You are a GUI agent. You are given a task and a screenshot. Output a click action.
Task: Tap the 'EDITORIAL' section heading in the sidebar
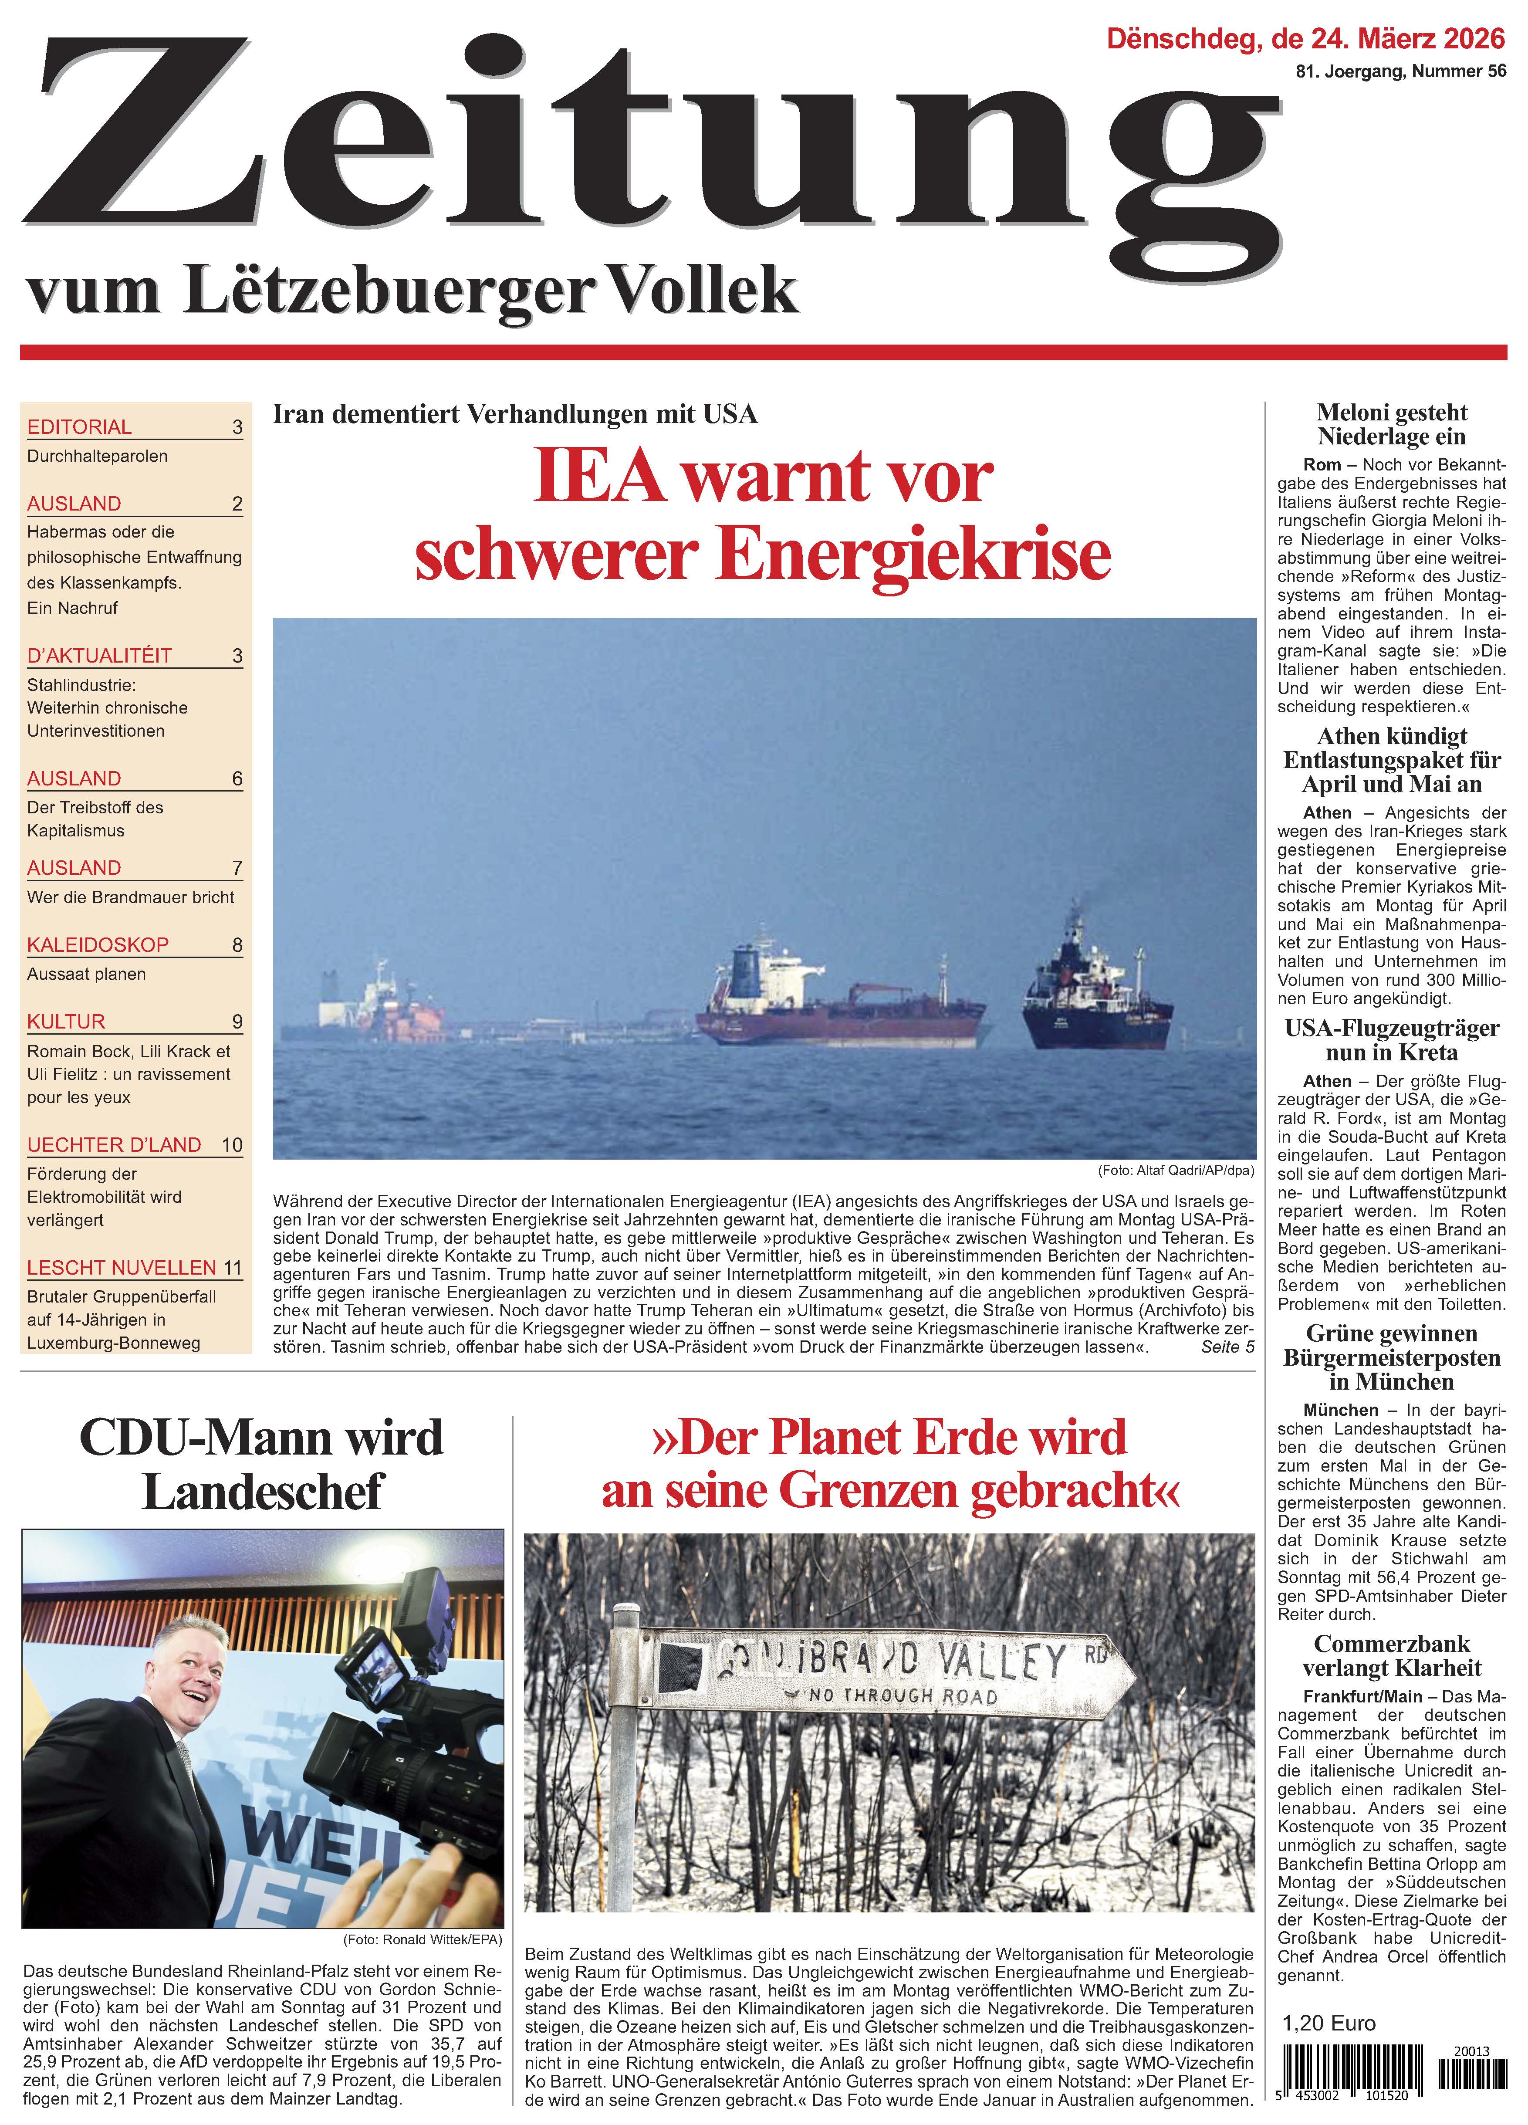[x=80, y=427]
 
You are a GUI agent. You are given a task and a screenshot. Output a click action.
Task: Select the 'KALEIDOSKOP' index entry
[x=98, y=944]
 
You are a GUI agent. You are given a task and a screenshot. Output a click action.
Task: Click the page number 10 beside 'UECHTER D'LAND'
[x=231, y=1145]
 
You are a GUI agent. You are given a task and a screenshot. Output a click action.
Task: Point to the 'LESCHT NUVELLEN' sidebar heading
[x=122, y=1268]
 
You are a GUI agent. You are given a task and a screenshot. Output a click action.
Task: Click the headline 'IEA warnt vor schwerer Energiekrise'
[x=763, y=515]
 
